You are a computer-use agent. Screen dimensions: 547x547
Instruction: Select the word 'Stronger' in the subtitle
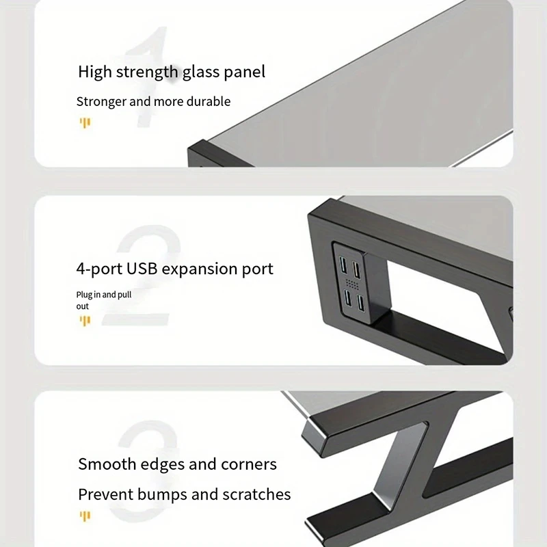pos(101,102)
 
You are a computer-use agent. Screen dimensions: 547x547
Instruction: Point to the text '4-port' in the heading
pos(99,269)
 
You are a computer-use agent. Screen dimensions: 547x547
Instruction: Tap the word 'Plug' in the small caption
pos(83,295)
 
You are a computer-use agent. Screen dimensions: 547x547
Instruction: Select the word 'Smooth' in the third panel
pos(107,464)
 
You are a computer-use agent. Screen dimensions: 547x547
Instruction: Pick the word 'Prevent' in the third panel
pos(106,494)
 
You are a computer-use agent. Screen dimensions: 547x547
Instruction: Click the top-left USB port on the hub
pos(343,265)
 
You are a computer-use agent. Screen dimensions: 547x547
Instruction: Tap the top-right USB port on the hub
pos(356,269)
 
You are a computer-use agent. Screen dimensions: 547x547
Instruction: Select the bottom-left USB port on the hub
pos(348,297)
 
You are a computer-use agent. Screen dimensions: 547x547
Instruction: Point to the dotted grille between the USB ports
pos(352,284)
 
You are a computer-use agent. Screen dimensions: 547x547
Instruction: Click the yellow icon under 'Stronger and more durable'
pos(85,123)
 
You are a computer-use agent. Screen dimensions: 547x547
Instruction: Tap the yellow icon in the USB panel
pos(85,321)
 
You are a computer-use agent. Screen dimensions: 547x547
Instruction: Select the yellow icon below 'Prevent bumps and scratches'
pos(85,516)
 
